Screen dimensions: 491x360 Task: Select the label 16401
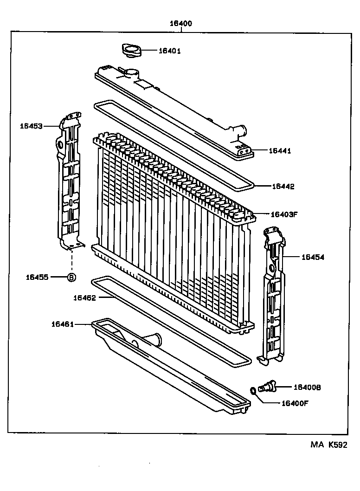[x=169, y=51]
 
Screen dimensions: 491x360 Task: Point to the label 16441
[x=280, y=151]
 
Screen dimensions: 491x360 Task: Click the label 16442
[x=283, y=186]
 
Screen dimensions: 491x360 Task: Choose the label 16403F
[x=284, y=214]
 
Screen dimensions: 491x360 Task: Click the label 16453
[x=31, y=126]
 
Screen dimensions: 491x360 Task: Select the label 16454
[x=313, y=256]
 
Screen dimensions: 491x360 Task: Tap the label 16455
[x=38, y=277]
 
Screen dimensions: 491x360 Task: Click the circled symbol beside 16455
[x=71, y=278]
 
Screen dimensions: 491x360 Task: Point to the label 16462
[x=84, y=298]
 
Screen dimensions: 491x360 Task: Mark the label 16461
[x=63, y=324]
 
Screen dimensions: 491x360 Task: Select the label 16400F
[x=295, y=403]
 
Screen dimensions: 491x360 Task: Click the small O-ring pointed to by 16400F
[x=253, y=391]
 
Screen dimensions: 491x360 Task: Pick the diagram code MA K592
[x=328, y=445]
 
